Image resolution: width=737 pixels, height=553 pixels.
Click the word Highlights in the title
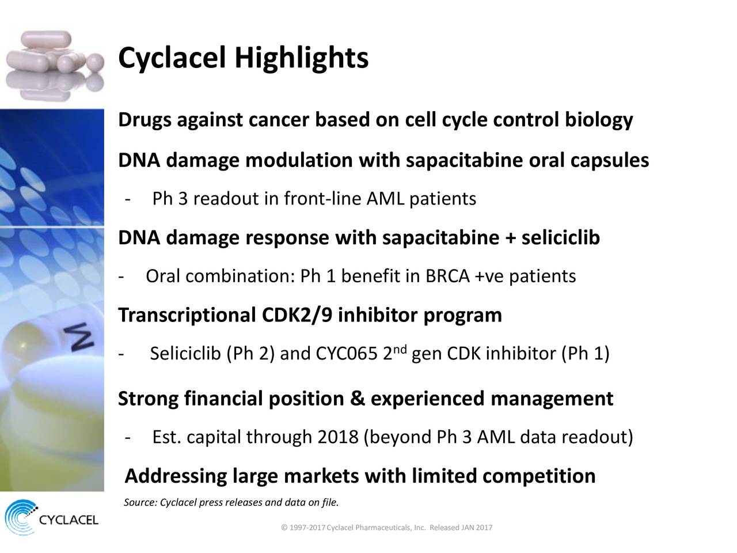pos(302,58)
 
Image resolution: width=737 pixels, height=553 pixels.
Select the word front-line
pos(322,198)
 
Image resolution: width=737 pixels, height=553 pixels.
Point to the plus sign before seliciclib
pos(510,238)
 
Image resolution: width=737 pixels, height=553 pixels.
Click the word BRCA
pos(447,276)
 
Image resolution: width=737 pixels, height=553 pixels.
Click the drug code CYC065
pos(347,354)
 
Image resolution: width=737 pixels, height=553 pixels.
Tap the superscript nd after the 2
pos(400,349)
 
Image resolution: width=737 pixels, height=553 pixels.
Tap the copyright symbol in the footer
pos(284,528)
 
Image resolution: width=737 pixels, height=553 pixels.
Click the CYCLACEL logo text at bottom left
pos(69,520)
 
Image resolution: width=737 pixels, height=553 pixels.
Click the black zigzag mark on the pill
pos(81,337)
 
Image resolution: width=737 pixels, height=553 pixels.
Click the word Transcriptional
pos(187,315)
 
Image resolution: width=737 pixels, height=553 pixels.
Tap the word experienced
pos(427,399)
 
